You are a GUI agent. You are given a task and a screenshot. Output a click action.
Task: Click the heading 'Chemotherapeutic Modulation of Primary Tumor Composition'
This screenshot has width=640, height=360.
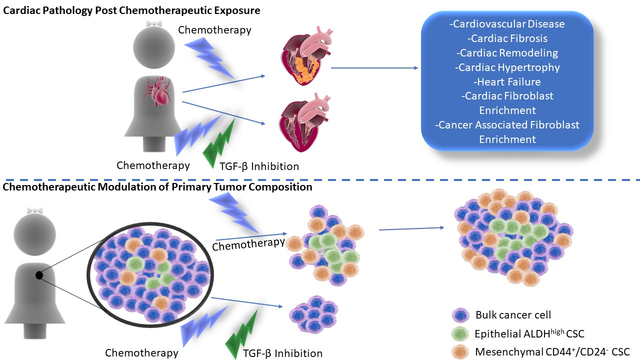coord(157,187)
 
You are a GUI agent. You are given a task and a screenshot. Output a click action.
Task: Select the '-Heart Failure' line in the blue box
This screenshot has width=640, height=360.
coord(507,81)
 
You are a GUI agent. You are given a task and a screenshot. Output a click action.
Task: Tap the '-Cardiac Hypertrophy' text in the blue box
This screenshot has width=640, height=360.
coord(507,66)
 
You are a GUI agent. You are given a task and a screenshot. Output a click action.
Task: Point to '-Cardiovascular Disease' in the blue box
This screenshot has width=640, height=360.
coord(507,24)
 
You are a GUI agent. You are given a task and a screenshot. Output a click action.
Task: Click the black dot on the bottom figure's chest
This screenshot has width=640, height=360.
coord(39,275)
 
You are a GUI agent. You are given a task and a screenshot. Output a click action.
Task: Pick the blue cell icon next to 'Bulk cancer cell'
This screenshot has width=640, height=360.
coord(459,315)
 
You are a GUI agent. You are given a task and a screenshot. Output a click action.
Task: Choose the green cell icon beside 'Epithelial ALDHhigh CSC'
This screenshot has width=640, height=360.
coord(459,333)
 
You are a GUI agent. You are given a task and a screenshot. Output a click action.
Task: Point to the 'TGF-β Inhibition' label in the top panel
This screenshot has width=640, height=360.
coord(259,166)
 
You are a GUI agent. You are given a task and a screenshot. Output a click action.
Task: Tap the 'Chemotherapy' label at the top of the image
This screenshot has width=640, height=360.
coord(214,30)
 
